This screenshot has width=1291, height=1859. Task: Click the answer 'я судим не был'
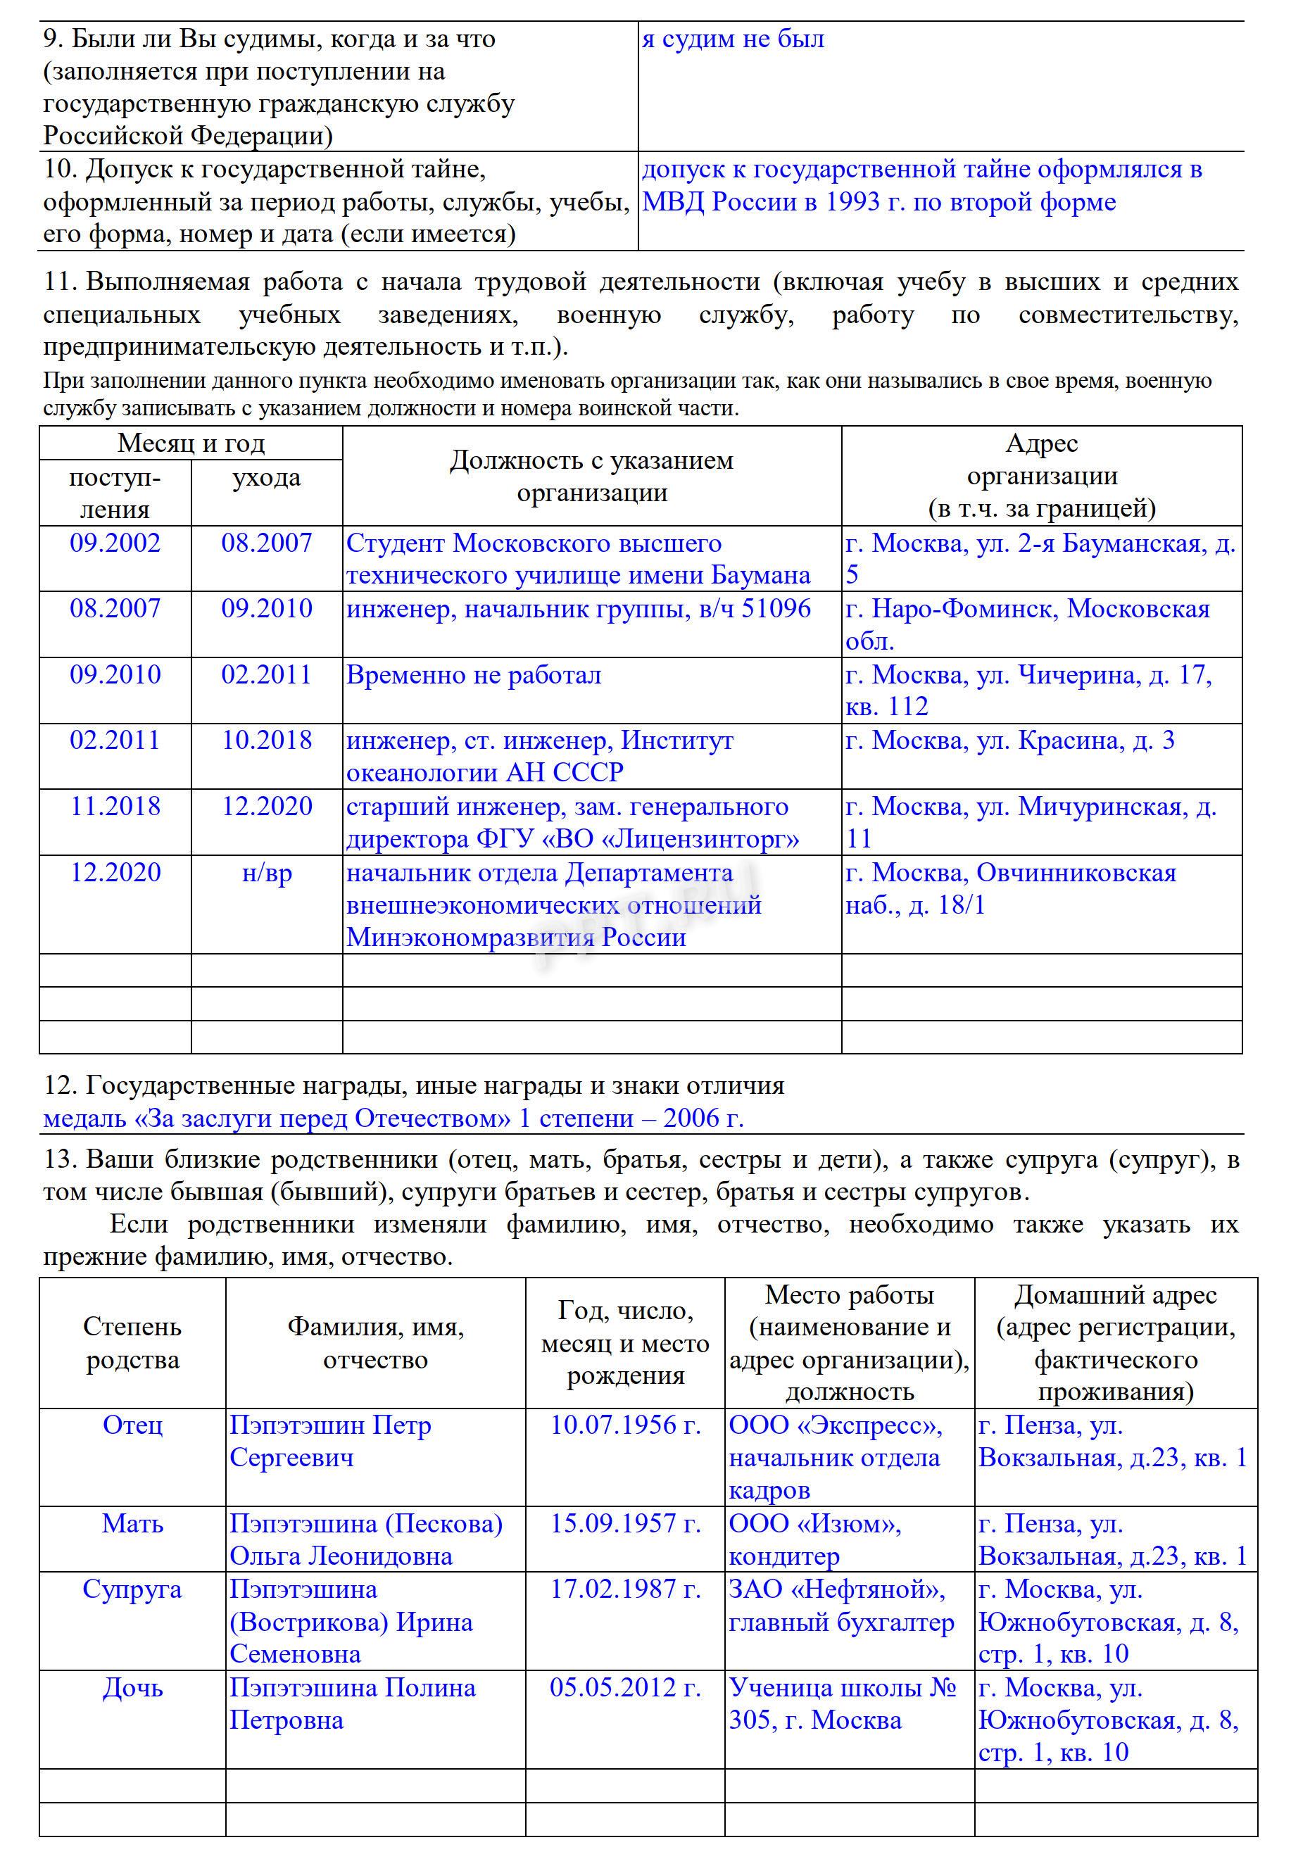[733, 39]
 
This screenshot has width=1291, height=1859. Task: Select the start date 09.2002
[115, 543]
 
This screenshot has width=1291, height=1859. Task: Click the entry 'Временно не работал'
[473, 674]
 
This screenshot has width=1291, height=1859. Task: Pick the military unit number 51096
[776, 608]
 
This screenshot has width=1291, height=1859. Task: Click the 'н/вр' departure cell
[267, 873]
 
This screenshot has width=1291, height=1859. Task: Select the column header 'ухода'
[266, 477]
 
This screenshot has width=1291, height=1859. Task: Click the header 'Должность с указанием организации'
[591, 477]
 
